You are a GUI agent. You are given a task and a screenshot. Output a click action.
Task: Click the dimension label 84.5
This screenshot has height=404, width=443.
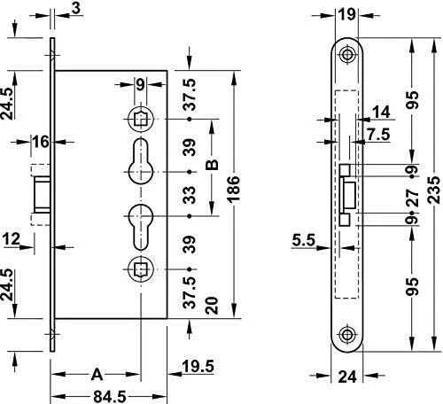coord(110,396)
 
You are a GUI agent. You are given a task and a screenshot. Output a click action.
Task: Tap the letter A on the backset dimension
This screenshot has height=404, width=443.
coord(97,375)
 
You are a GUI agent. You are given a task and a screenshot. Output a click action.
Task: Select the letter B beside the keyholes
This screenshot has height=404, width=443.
coord(212,165)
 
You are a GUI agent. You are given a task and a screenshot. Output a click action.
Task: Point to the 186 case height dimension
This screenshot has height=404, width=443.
coord(234,189)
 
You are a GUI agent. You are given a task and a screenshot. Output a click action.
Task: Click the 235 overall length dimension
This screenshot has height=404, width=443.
coord(435,190)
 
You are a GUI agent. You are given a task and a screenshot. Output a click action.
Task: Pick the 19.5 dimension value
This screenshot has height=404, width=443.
coord(198,367)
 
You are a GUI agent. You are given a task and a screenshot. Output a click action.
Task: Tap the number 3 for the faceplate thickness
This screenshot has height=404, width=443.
coord(76,9)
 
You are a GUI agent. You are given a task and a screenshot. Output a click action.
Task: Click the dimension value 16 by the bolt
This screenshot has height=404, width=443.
coord(41,142)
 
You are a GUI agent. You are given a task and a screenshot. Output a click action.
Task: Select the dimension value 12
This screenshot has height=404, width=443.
coord(12,238)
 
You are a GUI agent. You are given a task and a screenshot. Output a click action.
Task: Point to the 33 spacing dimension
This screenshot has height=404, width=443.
coord(190,195)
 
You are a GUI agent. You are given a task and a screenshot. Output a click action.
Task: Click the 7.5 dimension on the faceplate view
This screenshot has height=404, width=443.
coord(379,135)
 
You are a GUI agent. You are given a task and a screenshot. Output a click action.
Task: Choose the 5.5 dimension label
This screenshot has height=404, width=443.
coord(304,240)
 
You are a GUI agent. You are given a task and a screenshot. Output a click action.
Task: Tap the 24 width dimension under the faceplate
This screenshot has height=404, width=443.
coord(347,377)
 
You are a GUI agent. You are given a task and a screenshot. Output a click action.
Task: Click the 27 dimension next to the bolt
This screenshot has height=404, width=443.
coord(413,198)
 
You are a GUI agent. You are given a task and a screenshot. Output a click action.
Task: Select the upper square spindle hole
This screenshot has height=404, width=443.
coord(141,120)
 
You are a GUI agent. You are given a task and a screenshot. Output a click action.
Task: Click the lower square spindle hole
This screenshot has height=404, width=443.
coord(141,269)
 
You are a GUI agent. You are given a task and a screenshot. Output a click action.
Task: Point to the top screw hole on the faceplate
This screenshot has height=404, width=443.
coord(347,54)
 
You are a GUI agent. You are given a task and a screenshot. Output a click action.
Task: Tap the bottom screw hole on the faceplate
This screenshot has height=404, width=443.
coord(347,335)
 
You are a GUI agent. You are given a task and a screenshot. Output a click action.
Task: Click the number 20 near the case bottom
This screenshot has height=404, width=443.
coord(212,306)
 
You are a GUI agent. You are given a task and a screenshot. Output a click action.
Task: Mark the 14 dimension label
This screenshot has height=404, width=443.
coord(381,113)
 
